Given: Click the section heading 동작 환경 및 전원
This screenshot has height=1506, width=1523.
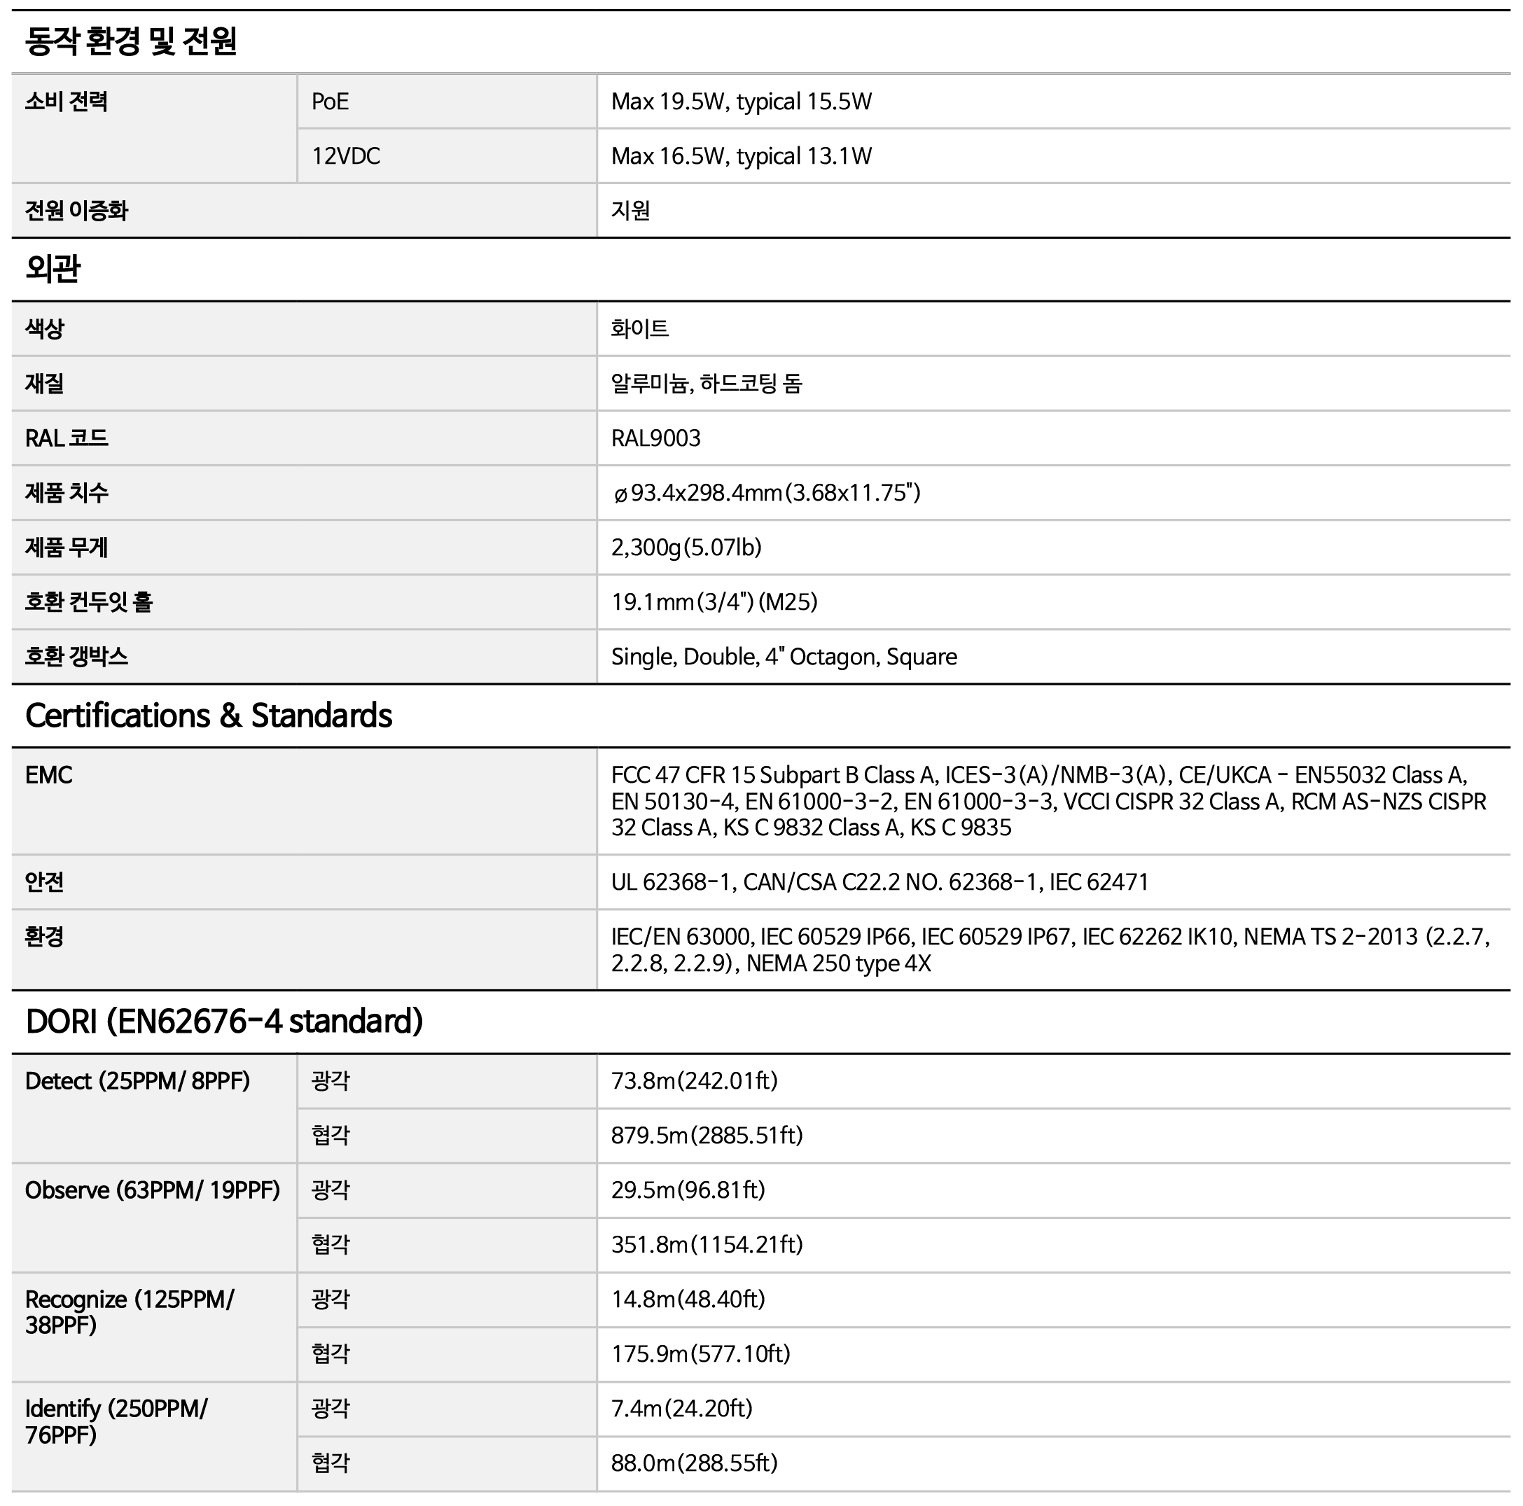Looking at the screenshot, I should coord(131,41).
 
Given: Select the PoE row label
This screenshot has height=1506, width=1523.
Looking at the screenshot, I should coord(331,102).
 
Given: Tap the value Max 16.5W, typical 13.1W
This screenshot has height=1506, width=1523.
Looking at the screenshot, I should coord(741,156).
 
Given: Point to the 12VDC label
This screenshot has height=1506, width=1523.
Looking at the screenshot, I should coord(345,156).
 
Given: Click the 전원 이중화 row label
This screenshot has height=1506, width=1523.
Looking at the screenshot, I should coord(76,211).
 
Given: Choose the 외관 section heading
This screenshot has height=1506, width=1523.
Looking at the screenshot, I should coord(53,269).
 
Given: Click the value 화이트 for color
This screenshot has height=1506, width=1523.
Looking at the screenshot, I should coord(639,328).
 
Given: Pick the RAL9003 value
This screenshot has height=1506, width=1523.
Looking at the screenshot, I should coord(655,438).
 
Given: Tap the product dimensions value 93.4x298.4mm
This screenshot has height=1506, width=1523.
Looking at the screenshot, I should coord(766,492).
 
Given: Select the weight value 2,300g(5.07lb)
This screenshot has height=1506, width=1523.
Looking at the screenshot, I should coord(686,547).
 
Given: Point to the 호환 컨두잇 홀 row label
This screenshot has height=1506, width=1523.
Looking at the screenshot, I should coord(88,602).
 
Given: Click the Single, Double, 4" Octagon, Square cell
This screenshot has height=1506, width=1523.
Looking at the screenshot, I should coord(784,657).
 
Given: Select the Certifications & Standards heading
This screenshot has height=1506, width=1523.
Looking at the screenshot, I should coord(209,716).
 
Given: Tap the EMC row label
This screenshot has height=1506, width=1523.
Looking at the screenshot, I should coord(48,774).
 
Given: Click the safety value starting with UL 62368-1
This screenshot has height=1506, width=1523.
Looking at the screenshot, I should coord(879,882).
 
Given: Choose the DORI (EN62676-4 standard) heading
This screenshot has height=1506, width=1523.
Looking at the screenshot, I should coord(225,1022).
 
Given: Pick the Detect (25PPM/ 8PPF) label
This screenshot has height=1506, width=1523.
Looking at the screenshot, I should coord(137,1080).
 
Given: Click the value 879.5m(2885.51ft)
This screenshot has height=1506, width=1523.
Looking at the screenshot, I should coord(707,1135).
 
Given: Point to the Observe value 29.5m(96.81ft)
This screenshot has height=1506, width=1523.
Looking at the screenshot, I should coord(688,1190).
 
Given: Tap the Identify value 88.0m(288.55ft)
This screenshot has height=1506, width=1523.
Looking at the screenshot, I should coord(694,1463).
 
